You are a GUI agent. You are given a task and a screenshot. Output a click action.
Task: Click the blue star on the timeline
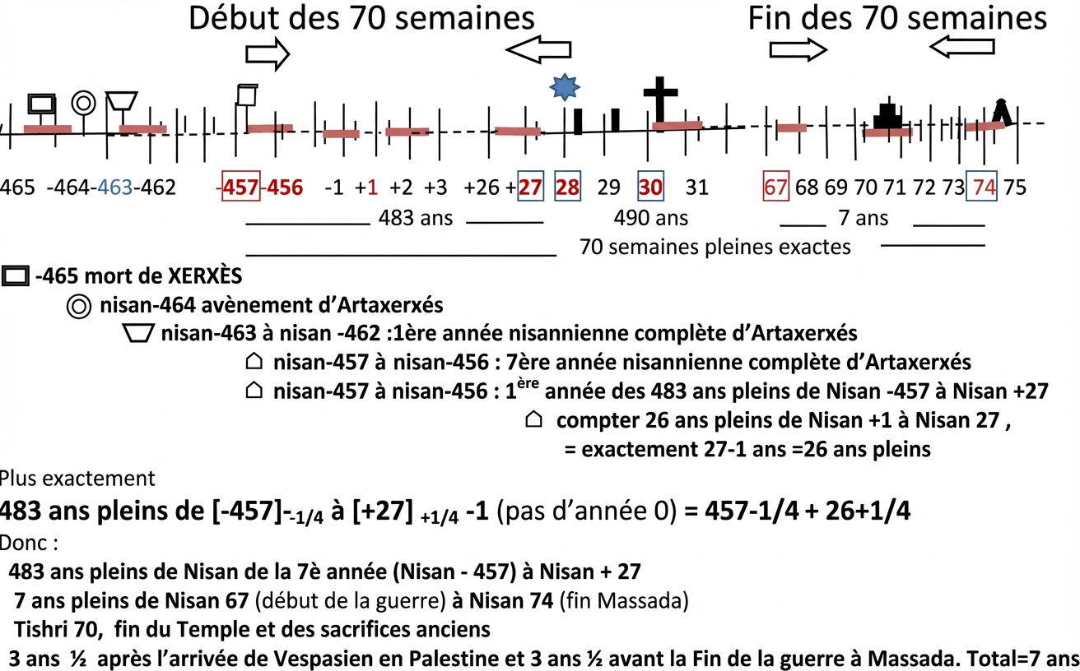565,87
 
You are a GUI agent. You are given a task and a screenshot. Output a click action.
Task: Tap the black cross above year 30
660,99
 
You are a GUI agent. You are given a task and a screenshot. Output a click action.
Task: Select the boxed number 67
775,186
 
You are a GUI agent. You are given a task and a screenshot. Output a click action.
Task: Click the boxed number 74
982,186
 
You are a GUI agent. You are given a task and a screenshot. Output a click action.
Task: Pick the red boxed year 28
567,186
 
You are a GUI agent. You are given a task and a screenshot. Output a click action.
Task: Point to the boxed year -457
241,186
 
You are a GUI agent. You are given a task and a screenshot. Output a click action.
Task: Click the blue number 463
114,187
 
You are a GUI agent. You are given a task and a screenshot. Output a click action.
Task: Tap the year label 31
696,187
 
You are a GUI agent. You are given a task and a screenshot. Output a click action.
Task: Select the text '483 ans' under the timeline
416,218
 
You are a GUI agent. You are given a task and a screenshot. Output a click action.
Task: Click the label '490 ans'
650,218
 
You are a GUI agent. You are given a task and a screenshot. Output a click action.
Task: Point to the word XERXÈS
205,275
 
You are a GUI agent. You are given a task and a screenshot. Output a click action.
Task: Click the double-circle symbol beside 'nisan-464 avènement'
78,307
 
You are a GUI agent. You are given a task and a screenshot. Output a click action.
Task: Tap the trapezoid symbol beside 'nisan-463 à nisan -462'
138,333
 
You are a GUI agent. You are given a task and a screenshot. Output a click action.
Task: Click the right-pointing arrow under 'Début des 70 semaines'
268,54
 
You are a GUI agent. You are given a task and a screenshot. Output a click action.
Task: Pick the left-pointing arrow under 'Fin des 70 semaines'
961,47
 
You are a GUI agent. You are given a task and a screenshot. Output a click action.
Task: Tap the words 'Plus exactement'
77,479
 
